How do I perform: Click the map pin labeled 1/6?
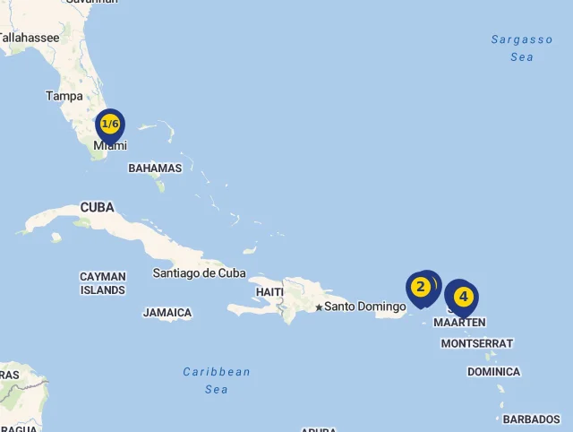(109, 125)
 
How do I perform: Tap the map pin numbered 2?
(419, 288)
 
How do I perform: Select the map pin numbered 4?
(463, 297)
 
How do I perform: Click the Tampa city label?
(64, 96)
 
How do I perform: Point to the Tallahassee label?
(30, 38)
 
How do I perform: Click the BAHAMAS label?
(155, 168)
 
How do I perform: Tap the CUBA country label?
(98, 207)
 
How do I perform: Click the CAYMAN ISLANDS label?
(103, 283)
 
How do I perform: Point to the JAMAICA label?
(167, 313)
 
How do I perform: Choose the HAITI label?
(269, 292)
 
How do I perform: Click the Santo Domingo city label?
(365, 307)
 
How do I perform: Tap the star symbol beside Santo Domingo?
(319, 307)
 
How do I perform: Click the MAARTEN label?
(459, 322)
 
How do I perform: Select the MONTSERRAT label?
(477, 343)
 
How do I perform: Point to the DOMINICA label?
(493, 371)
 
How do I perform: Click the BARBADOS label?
(531, 419)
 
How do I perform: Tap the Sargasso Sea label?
(522, 48)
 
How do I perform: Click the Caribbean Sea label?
(217, 380)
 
